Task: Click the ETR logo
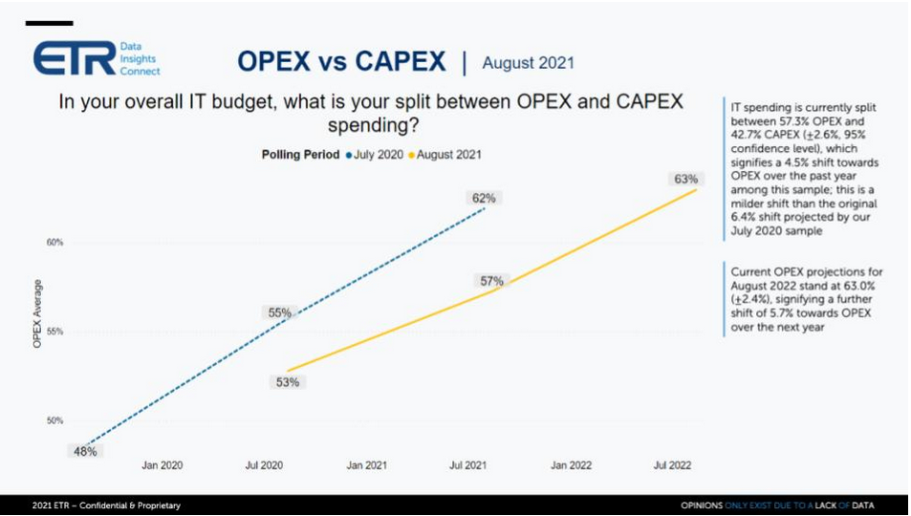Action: click(96, 58)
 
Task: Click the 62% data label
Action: click(484, 199)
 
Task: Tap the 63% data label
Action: click(685, 179)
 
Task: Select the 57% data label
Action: click(491, 281)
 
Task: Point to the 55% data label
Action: click(279, 312)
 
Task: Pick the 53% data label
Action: click(288, 382)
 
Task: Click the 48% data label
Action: click(85, 451)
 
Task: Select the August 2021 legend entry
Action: click(448, 153)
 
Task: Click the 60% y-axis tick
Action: click(54, 243)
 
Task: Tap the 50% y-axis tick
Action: click(54, 420)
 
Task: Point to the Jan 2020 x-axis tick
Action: click(162, 465)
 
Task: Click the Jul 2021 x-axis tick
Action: click(469, 465)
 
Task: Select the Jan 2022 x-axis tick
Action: click(572, 465)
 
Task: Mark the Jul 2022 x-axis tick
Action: click(673, 465)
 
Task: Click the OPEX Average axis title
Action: click(37, 312)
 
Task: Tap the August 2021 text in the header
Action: click(528, 63)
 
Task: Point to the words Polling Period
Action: click(300, 153)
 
